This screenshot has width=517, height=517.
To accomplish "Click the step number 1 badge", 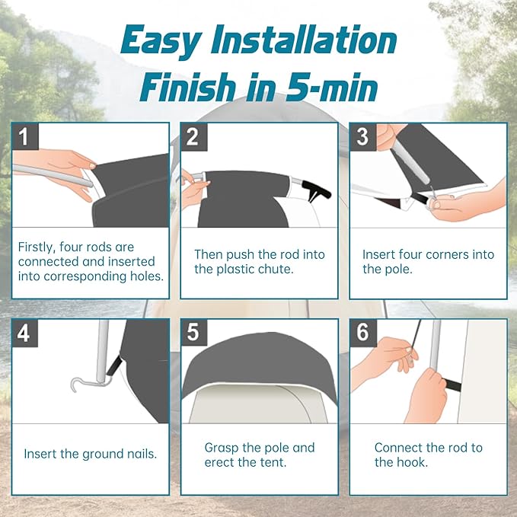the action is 25,136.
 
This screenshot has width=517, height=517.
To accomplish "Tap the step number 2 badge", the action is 194,136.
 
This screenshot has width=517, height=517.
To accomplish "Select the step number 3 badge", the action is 363,136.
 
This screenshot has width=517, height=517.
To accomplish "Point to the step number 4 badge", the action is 25,333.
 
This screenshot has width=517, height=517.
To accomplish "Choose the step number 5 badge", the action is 194,333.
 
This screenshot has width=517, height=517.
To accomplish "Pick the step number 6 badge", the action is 363,333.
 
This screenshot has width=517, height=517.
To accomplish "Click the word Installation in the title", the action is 304,40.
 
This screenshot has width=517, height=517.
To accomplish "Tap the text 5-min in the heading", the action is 331,87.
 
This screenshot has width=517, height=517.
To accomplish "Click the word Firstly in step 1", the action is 37,247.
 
